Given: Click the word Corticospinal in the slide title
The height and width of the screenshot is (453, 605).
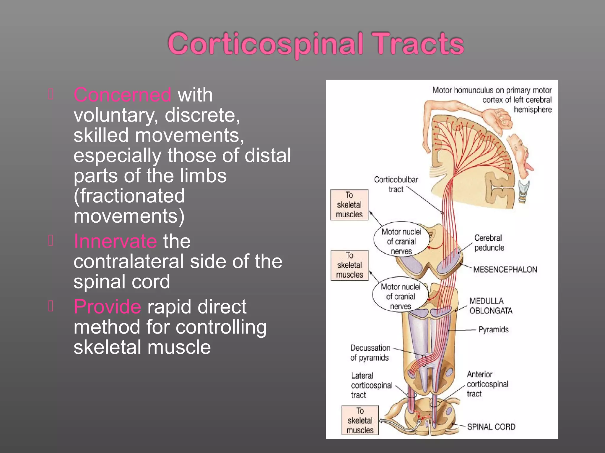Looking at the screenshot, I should point(265,44).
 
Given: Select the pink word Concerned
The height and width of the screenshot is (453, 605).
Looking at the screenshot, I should point(122,95).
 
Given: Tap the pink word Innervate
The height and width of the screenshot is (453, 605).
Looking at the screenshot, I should point(115,241).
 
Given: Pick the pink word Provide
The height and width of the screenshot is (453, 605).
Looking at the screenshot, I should point(107,307).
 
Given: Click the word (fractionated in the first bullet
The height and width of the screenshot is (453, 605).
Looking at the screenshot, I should point(129,196).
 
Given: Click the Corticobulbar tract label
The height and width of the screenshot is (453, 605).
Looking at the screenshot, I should point(396,184).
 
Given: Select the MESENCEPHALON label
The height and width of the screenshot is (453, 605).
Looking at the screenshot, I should point(505,270).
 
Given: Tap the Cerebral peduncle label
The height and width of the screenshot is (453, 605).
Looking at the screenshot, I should point(489,243).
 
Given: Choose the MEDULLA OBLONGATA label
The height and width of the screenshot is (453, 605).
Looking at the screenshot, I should point(491,306).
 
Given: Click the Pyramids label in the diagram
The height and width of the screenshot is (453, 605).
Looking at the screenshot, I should point(493,330).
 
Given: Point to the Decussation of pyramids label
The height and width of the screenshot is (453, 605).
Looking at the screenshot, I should point(370,353).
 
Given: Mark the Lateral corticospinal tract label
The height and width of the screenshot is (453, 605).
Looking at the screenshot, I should point(371,385).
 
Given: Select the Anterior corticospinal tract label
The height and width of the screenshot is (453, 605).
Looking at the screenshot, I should point(487,384).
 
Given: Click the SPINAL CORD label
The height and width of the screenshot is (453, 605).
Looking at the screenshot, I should point(491,427).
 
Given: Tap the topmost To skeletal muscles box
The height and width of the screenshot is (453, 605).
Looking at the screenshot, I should point(349,205).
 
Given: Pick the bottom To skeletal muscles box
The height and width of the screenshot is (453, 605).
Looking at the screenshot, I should point(360,421).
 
